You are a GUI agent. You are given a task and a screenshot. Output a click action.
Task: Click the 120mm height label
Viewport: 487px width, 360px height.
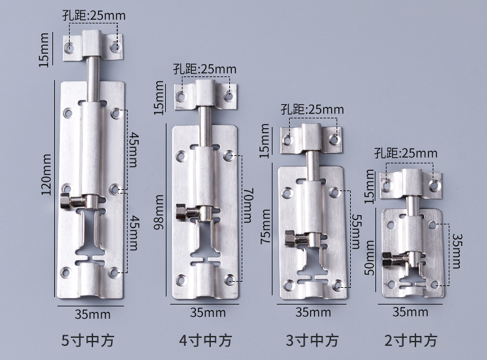[x=46, y=174]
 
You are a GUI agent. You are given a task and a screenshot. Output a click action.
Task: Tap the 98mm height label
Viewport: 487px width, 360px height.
[x=158, y=212]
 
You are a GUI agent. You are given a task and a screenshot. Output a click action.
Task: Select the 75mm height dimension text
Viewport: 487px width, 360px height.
[x=265, y=226]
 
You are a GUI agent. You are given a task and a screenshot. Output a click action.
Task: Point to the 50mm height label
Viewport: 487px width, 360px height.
[x=369, y=258]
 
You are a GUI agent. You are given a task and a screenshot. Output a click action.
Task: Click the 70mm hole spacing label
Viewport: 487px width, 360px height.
[x=248, y=205]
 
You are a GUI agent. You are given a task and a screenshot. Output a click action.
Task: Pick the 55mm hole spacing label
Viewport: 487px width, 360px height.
[x=356, y=232]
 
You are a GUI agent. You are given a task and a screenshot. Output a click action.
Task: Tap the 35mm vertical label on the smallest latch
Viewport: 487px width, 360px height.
[x=457, y=251]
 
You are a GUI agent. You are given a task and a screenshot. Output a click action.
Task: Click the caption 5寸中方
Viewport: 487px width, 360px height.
[x=88, y=340]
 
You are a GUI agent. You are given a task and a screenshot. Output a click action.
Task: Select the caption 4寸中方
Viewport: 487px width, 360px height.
[x=205, y=340]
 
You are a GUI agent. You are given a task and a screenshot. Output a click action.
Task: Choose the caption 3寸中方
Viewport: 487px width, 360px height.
[x=312, y=340]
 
